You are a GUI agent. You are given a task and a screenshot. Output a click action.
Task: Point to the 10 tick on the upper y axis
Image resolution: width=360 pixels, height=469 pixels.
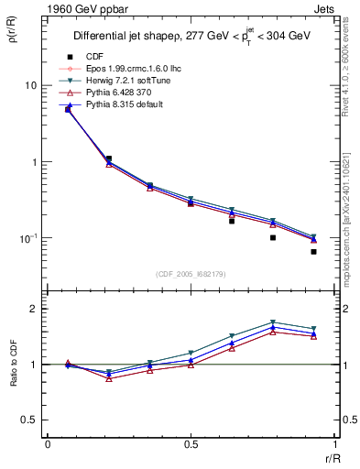tap(30, 85)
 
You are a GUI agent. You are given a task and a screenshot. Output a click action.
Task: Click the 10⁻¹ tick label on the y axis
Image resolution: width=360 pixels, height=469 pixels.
tap(28, 238)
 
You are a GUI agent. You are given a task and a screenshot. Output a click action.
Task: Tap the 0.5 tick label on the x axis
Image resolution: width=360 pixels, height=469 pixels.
tap(191, 444)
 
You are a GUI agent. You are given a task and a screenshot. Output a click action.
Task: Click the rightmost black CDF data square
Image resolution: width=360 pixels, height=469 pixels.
tap(313, 251)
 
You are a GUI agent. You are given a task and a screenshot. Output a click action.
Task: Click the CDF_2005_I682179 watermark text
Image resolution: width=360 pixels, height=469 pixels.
tap(191, 274)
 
